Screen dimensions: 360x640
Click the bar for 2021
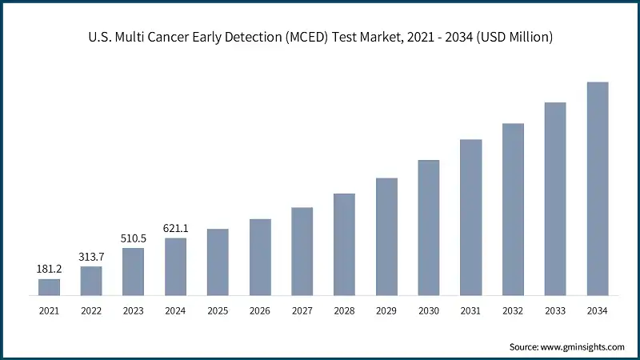[x=49, y=287]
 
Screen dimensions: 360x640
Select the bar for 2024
[x=175, y=266]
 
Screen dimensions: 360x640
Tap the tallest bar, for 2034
[x=598, y=189]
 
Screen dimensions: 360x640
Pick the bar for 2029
[x=386, y=237]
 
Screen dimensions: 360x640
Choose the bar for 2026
[x=260, y=257]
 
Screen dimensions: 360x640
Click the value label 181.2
[x=49, y=269]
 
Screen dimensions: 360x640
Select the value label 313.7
[x=91, y=256]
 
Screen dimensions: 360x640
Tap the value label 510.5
[x=133, y=238]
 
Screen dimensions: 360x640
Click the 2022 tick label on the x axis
[x=91, y=310]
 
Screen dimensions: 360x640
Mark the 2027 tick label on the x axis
[x=302, y=310]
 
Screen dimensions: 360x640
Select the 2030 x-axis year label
[x=429, y=310]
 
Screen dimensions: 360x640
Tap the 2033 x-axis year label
[x=555, y=310]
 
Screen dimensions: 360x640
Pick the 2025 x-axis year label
[x=218, y=310]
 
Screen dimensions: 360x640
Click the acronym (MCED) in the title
[x=306, y=37]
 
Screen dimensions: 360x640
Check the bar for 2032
[x=513, y=210]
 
